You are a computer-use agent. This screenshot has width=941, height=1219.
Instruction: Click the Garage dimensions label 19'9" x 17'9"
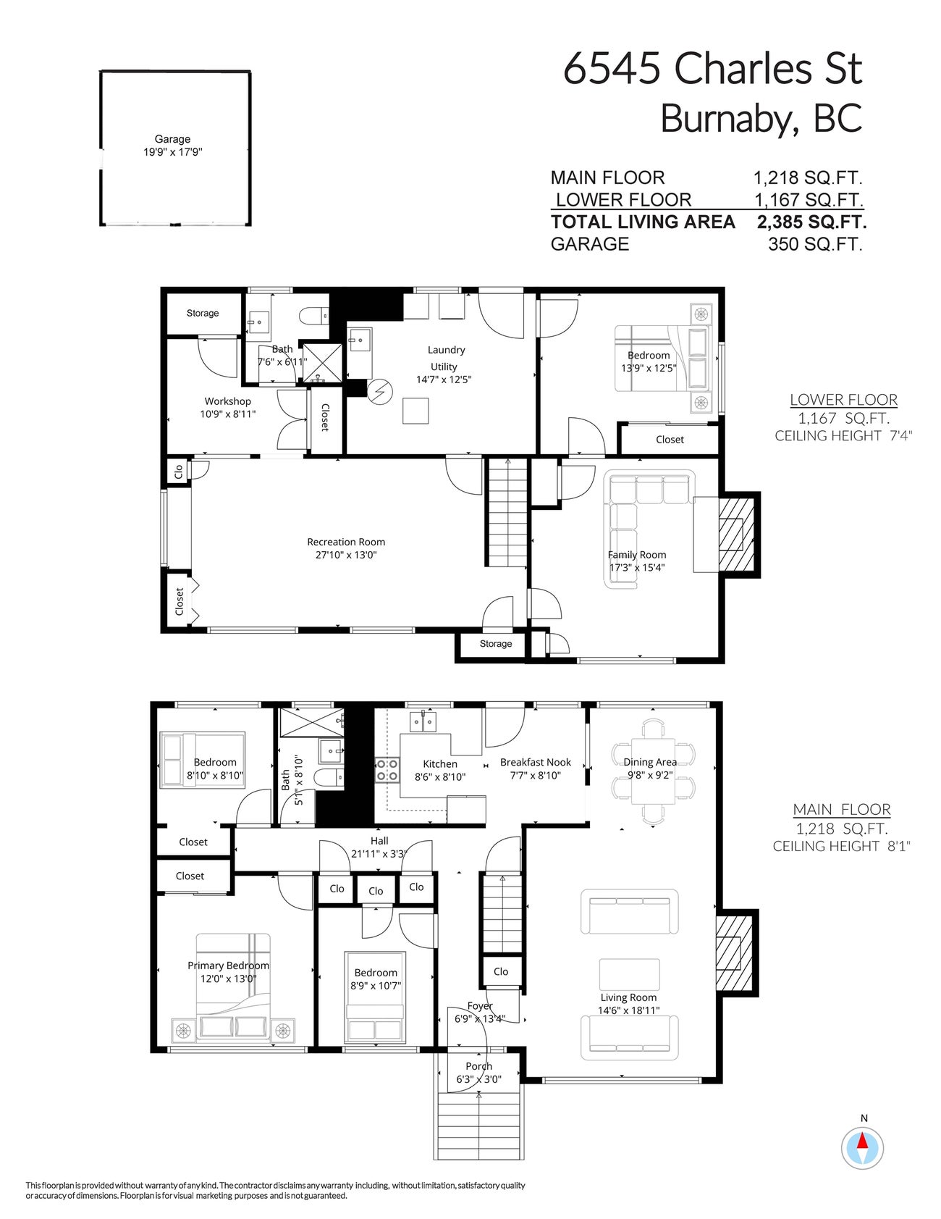point(172,152)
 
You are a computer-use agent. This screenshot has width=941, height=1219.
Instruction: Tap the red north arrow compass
point(862,1147)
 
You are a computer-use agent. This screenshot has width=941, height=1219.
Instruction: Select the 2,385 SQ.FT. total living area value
point(811,222)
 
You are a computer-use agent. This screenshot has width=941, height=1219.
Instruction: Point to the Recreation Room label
point(345,542)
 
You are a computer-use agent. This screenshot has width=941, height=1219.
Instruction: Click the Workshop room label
point(227,401)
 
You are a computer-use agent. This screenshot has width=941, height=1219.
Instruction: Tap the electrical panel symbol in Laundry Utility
point(379,392)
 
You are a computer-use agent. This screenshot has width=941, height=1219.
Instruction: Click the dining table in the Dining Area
point(653,771)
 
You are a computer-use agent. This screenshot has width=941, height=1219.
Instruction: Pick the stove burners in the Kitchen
point(387,770)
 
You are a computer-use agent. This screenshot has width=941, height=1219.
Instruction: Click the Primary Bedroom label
point(228,965)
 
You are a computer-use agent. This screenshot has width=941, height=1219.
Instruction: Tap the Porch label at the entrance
point(478,1066)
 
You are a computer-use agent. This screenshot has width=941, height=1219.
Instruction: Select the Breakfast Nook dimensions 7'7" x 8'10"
point(535,776)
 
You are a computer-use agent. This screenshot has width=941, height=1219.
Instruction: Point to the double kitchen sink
point(423,721)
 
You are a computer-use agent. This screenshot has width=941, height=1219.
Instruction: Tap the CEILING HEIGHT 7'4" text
point(843,435)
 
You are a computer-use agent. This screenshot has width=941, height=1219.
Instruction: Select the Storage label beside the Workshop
point(202,313)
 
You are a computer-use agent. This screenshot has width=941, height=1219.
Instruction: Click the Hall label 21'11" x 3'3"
point(379,847)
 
